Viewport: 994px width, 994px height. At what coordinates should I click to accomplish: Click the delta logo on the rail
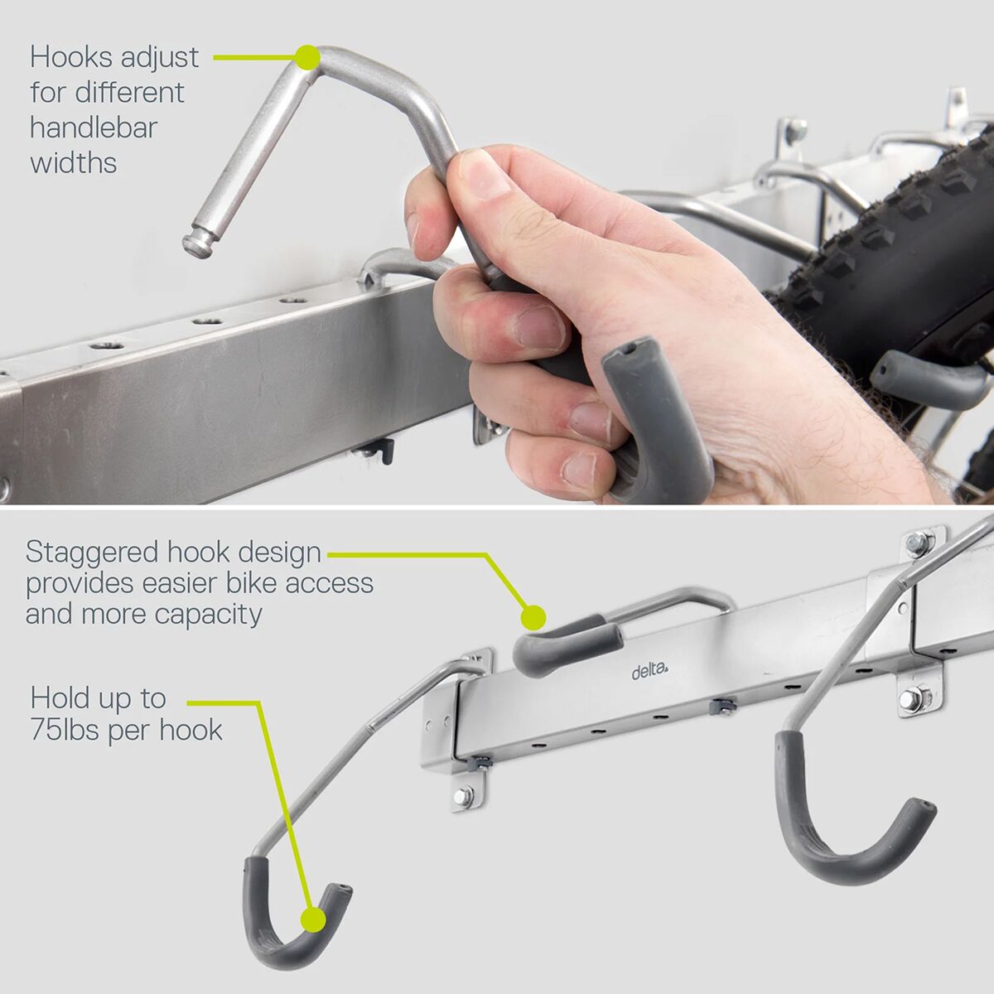coord(650,672)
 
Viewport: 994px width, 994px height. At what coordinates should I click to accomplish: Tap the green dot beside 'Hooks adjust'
coord(308,57)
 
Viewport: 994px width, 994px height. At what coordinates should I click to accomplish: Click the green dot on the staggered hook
coord(533,617)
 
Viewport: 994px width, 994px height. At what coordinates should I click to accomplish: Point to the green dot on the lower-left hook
coord(313,919)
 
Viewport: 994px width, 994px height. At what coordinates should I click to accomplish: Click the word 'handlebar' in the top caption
coord(94,128)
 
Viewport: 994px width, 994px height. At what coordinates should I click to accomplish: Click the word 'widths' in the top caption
coord(74,162)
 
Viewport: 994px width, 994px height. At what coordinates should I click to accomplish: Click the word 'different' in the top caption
coord(130,92)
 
